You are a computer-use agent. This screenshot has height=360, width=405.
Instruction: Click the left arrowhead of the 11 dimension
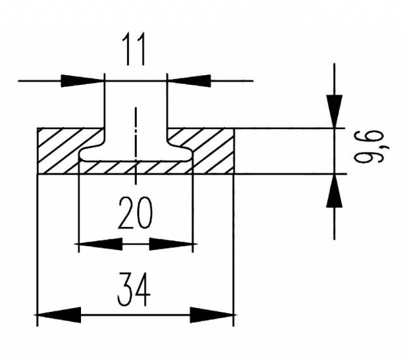tap(82, 80)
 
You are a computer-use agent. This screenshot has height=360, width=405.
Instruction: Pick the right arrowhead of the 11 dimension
tap(189, 80)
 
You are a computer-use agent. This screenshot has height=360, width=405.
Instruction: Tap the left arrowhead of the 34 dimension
tap(59, 314)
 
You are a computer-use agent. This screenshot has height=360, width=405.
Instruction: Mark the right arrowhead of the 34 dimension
tap(212, 314)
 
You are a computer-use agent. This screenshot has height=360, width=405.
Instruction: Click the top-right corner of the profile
tap(234, 128)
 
